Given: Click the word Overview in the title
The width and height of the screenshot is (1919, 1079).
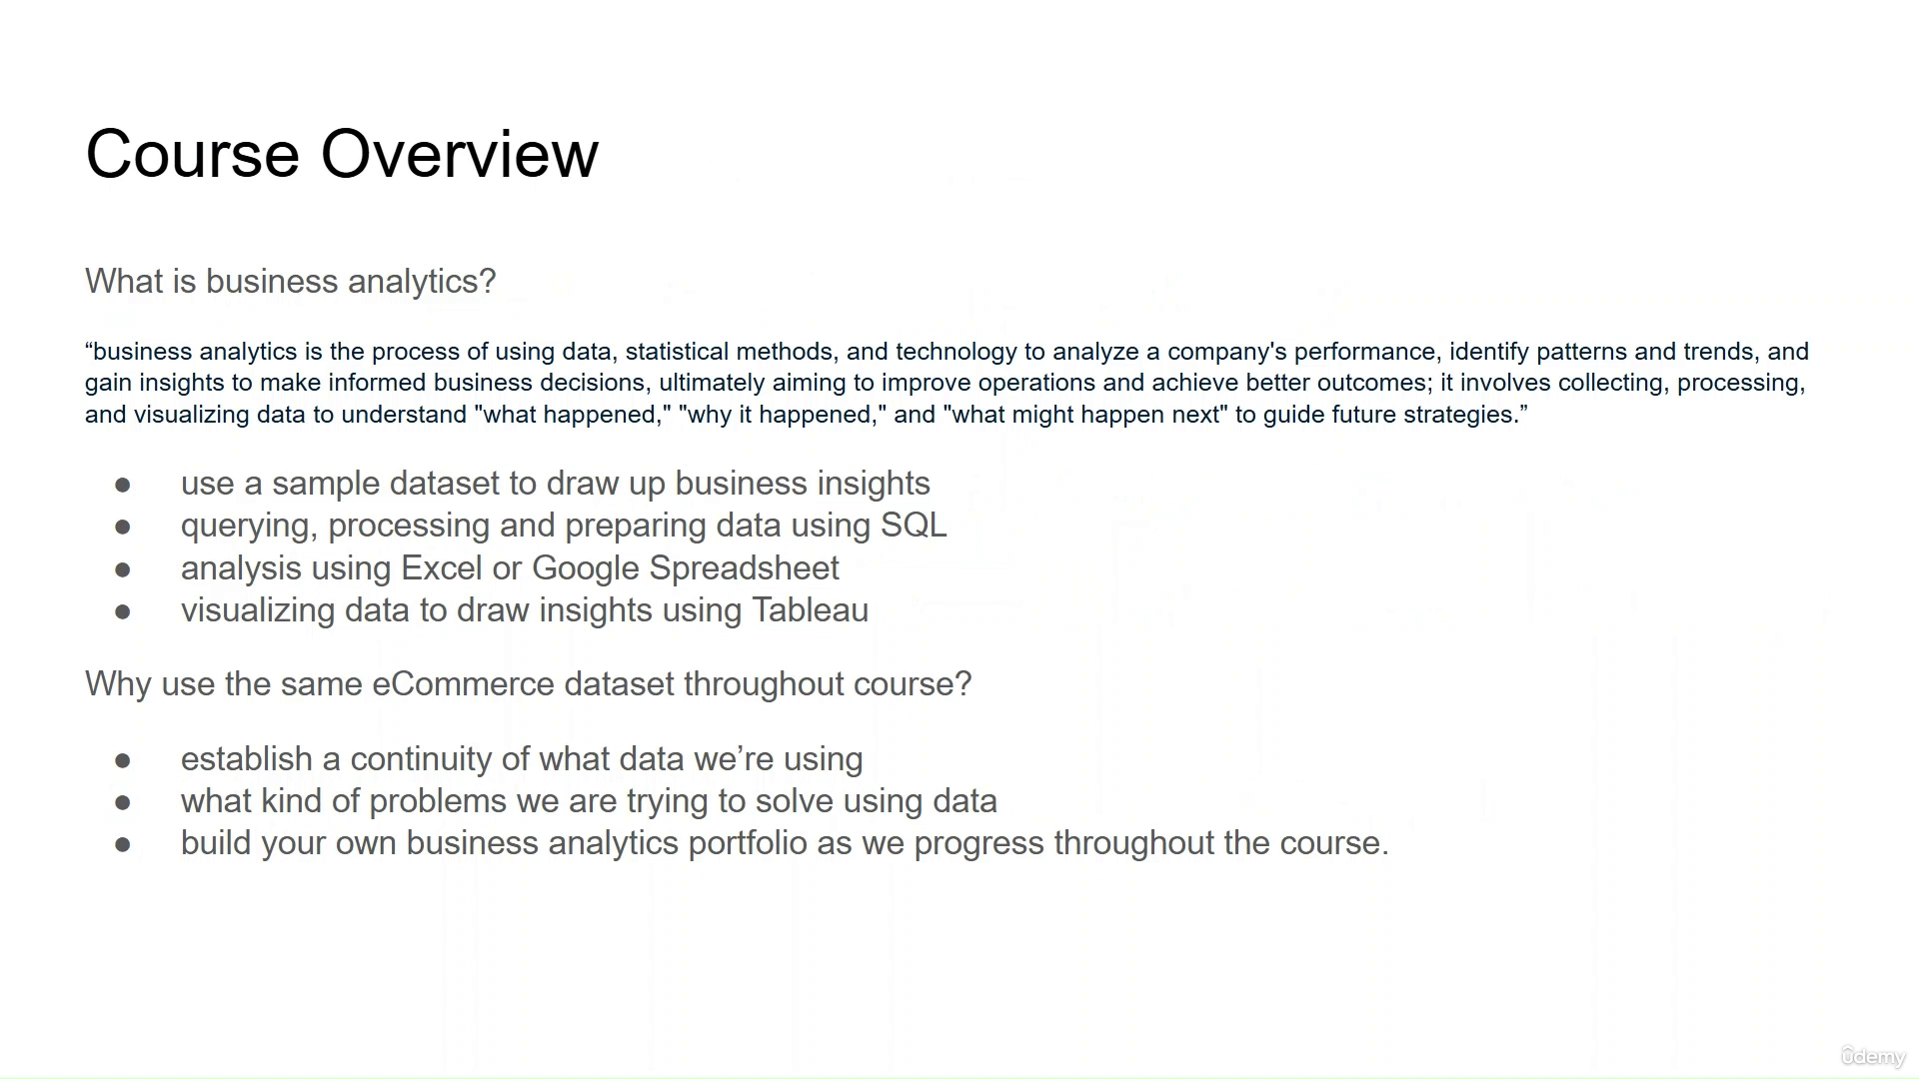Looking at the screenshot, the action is coord(460,154).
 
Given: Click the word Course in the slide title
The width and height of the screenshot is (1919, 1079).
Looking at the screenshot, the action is coord(192,154).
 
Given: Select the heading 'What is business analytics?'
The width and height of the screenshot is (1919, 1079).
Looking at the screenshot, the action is coord(291,282).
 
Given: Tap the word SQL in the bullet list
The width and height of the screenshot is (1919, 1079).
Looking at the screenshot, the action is coord(914,526).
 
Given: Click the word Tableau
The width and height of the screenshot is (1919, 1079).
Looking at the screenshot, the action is coord(810,610).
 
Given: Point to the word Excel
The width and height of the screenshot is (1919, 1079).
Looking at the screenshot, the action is coord(442,568).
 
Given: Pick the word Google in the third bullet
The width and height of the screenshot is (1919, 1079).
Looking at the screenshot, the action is coord(586,569).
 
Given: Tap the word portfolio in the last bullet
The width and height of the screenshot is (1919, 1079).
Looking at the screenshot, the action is coord(748,843).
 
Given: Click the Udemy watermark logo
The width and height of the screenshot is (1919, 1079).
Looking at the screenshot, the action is coord(1873,1056).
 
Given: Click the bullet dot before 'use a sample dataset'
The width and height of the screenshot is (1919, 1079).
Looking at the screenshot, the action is coord(123,485).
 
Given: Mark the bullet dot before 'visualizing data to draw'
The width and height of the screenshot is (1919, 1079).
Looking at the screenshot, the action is coord(123,611).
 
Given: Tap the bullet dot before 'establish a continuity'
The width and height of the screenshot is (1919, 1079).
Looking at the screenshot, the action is coord(123,760).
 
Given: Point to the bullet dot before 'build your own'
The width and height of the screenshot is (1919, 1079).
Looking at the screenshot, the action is coord(123,844).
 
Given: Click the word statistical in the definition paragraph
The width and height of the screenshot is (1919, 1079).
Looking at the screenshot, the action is coord(677,352).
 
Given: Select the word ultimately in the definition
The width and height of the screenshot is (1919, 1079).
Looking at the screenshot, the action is coord(712,383).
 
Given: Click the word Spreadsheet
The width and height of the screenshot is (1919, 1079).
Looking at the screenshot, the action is coord(745,569).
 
